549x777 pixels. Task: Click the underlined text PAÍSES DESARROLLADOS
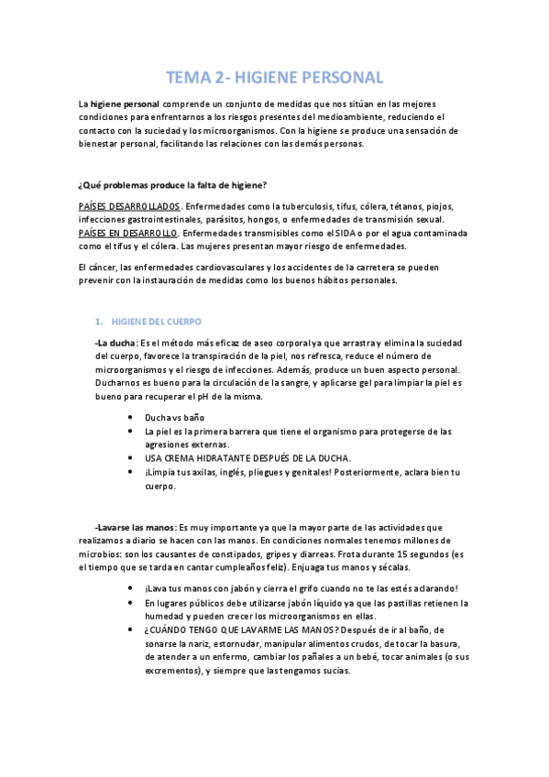pos(129,206)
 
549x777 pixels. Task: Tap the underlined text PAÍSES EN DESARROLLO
pos(128,234)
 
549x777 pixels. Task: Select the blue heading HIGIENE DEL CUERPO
pos(162,322)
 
